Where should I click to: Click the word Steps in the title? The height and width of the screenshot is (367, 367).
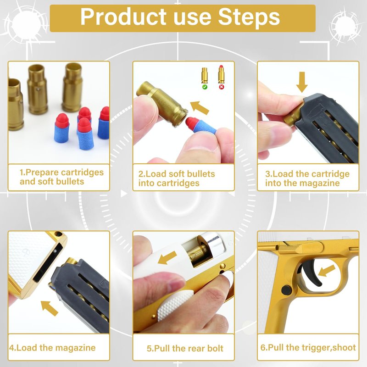pos(249,17)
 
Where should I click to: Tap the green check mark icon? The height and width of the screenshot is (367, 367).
pos(205,87)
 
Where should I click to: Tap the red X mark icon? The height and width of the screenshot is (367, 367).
pos(222,87)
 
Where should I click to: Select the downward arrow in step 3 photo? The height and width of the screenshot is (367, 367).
pos(302,82)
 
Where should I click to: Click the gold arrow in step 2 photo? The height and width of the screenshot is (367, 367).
pos(200,108)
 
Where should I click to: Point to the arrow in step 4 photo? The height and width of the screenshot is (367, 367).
pos(50,308)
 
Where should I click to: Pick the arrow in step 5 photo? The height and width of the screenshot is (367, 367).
pos(167,257)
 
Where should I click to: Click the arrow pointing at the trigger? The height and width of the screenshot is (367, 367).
pos(327,271)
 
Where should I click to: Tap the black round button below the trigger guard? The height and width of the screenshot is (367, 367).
pos(286,290)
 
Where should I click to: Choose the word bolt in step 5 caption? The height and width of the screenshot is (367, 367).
pos(215,348)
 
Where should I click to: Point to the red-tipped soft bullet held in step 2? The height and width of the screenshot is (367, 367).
pos(201,125)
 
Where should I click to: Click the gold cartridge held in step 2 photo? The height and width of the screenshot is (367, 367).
pos(162,104)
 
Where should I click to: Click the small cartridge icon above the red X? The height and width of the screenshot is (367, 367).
pos(221,74)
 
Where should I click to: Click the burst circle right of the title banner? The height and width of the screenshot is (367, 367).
pos(344,26)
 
